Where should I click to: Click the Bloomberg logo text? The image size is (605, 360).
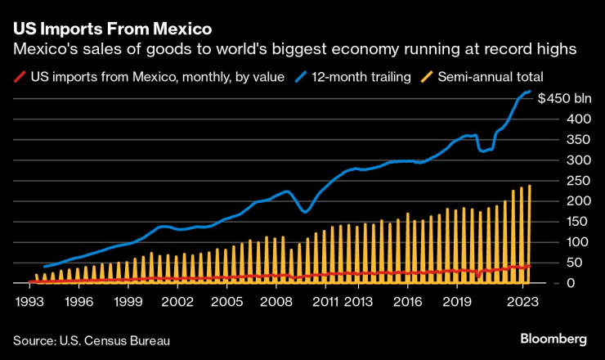(554, 339)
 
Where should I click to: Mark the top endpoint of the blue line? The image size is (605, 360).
(530, 92)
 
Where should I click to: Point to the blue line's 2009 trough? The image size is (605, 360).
(305, 212)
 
